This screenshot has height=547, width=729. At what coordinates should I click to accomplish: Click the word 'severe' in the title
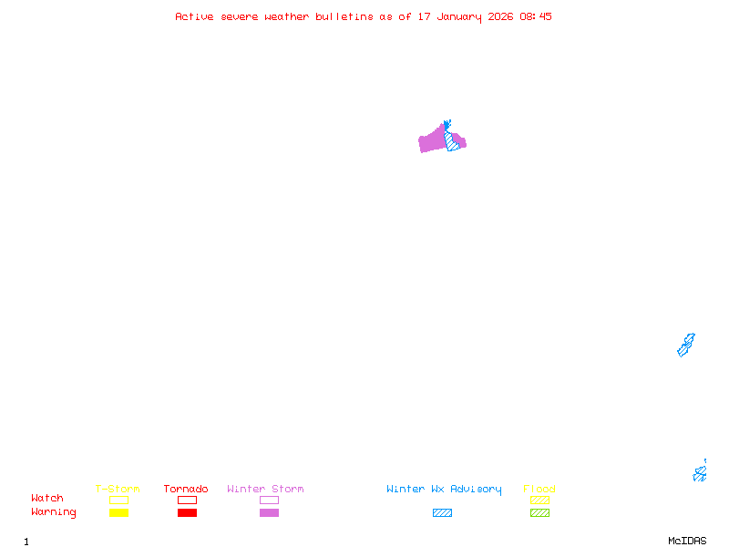coord(239,17)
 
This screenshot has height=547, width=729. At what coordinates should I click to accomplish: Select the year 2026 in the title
coord(500,16)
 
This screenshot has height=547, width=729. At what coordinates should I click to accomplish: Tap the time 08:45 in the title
coord(536,16)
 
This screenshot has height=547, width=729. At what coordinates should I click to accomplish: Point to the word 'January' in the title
coord(459,17)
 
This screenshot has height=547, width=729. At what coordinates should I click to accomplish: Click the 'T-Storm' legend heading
coord(118,489)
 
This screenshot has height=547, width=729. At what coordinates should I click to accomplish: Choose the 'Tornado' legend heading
coord(186,489)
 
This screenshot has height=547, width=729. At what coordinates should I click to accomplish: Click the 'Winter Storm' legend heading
coord(265,489)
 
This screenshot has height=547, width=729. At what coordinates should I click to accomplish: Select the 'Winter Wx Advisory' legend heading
coord(444,490)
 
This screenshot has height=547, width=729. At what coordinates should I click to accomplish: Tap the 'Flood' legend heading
coord(539,489)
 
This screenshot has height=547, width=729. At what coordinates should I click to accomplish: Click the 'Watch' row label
coord(47,498)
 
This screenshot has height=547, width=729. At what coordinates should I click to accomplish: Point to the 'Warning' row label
coord(54,512)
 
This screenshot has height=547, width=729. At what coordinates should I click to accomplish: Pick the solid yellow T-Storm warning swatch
coord(119,512)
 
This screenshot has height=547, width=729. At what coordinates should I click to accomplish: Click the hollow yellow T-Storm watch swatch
coord(119,500)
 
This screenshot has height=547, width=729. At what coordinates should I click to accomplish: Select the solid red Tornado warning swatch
coord(188,512)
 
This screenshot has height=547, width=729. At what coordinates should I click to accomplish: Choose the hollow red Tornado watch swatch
coord(188,500)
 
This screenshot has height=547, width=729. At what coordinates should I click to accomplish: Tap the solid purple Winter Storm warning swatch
coord(269,512)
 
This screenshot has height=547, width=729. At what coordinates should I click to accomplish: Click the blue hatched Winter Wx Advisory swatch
coord(442,512)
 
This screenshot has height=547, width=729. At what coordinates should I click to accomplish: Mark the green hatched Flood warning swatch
coord(539,512)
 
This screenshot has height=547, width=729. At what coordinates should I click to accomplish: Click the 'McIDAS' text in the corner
coord(687,541)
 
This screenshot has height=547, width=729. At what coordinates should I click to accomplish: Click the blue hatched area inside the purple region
coord(451,140)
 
